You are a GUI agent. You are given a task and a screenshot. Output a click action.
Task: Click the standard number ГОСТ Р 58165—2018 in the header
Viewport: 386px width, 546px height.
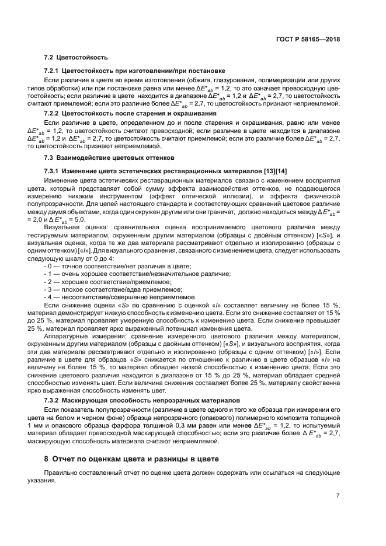click(308, 39)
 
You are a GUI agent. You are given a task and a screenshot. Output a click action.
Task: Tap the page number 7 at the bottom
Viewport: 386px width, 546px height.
click(338, 496)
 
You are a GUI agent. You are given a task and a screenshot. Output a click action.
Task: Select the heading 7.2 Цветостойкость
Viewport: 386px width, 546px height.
click(76, 58)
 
